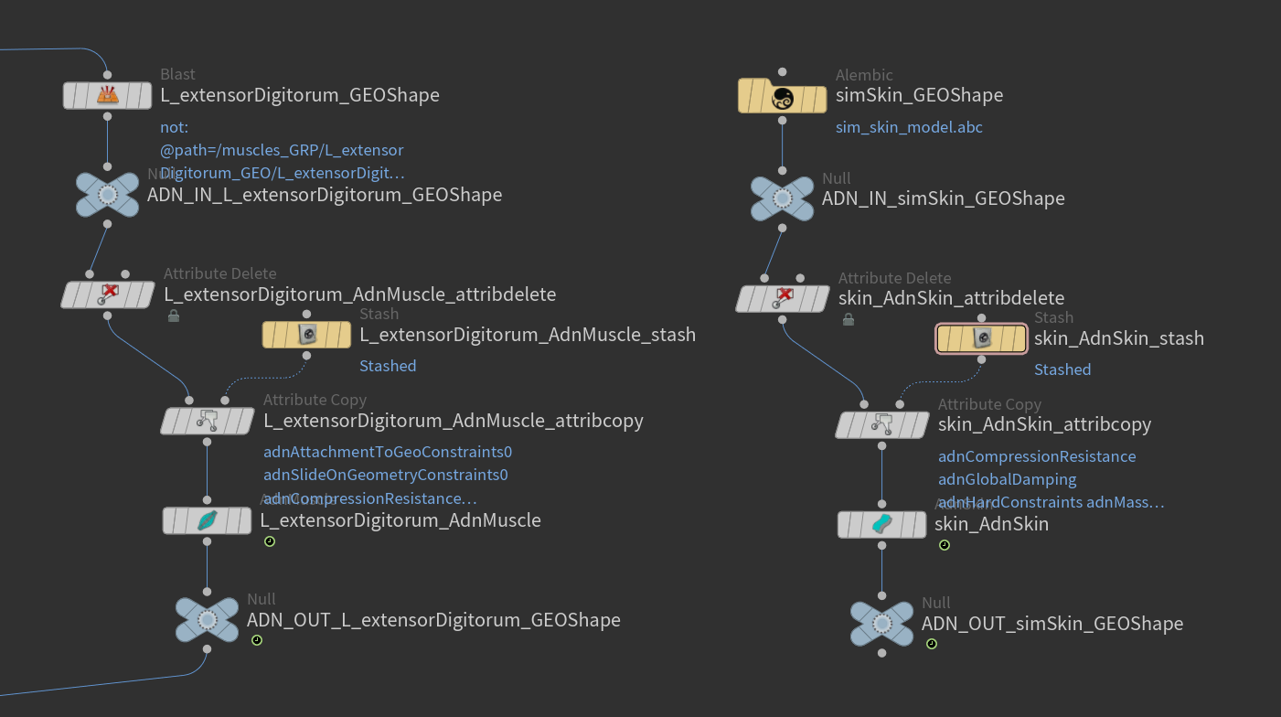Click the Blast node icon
click(x=107, y=95)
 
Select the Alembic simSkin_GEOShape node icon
click(x=782, y=95)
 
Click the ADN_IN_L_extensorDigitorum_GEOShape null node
click(x=107, y=195)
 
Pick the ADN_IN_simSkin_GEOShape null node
click(x=782, y=198)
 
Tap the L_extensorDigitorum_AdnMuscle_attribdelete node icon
click(x=108, y=294)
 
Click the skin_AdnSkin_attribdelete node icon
click(x=783, y=298)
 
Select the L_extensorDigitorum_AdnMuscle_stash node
click(x=306, y=335)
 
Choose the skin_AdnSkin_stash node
click(x=981, y=338)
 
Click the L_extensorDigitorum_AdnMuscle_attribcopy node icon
click(x=208, y=421)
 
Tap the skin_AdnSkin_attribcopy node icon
click(x=882, y=424)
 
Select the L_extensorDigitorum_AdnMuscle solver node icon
click(x=208, y=520)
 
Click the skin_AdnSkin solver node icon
click(x=882, y=524)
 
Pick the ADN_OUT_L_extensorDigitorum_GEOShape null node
click(x=207, y=620)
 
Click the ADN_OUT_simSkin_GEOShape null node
click(x=881, y=624)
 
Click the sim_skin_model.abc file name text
click(x=909, y=127)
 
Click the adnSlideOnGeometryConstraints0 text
click(x=385, y=475)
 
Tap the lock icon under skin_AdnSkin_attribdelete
click(x=849, y=319)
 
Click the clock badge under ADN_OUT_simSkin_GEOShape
click(x=931, y=644)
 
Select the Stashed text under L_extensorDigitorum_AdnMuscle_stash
click(x=388, y=366)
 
